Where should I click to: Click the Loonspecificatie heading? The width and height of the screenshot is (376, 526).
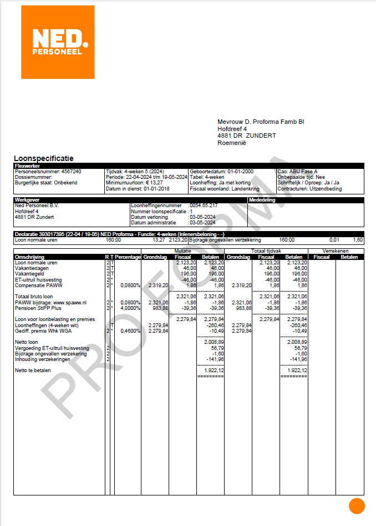point(43,159)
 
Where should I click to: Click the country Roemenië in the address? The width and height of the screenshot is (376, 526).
point(232,143)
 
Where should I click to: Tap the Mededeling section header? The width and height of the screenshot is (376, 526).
point(262,200)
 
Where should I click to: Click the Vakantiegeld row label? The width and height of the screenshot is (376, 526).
point(31,274)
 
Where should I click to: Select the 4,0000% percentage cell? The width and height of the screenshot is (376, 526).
point(128,308)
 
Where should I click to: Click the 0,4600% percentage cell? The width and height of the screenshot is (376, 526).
point(128,331)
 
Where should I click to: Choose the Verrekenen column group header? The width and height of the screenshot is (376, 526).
point(336,251)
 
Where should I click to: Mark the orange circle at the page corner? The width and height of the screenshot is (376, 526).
point(357,506)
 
